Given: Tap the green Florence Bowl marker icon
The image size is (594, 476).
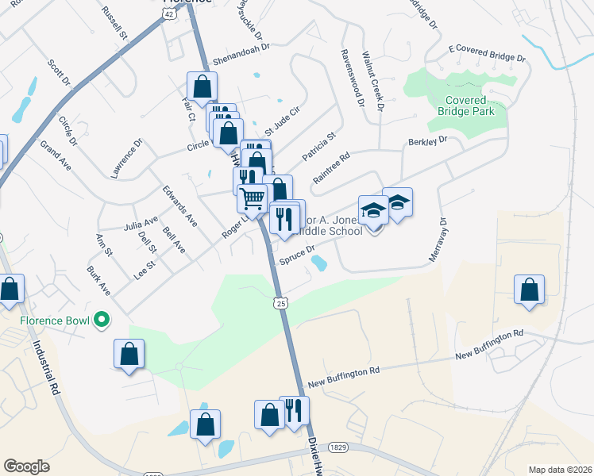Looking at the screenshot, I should coord(101,321).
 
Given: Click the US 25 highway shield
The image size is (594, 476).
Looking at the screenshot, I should coord(280,302).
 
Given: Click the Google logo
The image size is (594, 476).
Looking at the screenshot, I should coord(27,466).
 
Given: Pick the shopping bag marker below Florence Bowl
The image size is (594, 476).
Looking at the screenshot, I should coord(129,354).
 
